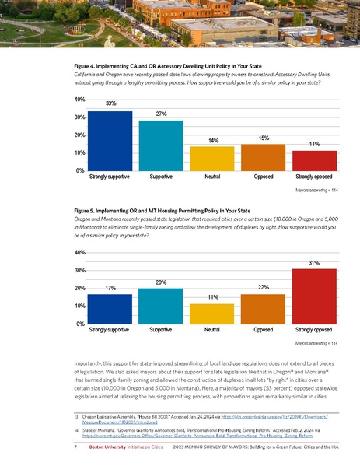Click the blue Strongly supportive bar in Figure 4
110,141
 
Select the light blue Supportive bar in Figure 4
160,145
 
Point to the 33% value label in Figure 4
110,104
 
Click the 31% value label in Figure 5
314,262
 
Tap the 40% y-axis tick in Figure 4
79,100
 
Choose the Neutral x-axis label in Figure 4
211,177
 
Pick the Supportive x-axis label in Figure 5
160,331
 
